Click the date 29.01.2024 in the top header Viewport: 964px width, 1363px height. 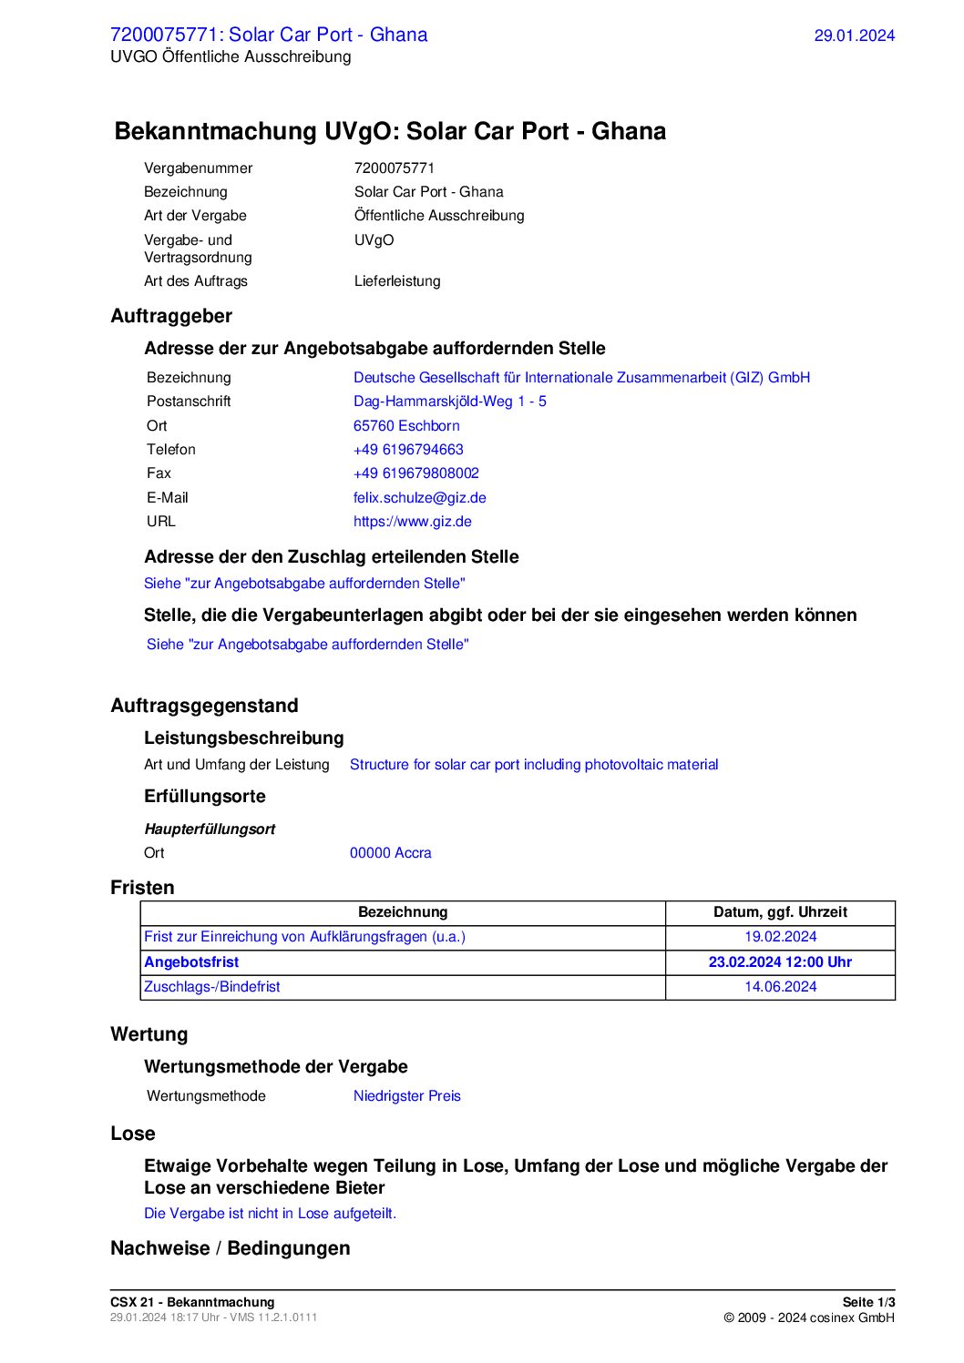coord(854,36)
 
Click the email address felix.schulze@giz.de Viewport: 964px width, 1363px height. coord(419,497)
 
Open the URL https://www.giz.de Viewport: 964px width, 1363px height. coord(412,522)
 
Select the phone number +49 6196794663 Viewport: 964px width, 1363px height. coord(408,450)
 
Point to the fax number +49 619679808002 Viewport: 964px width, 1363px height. coord(415,473)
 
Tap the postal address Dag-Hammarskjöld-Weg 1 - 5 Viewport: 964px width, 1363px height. coord(449,402)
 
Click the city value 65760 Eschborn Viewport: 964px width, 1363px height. coord(406,426)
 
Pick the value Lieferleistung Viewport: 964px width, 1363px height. coord(397,281)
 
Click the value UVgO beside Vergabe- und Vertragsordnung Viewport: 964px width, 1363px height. coord(374,240)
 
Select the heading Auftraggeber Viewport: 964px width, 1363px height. coord(171,316)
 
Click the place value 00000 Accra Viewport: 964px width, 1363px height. coord(390,853)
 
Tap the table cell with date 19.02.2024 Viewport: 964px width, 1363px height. coord(780,937)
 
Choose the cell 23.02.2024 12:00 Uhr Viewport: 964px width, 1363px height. coord(780,962)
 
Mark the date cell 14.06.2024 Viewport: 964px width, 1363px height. coord(780,987)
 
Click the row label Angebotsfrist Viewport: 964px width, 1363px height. coord(191,962)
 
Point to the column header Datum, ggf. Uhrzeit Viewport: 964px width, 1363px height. coord(780,912)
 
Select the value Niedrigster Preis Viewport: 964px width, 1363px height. coord(406,1096)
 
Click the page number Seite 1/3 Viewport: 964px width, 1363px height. coord(868,1302)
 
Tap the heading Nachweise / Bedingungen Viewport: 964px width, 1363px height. coord(230,1248)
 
